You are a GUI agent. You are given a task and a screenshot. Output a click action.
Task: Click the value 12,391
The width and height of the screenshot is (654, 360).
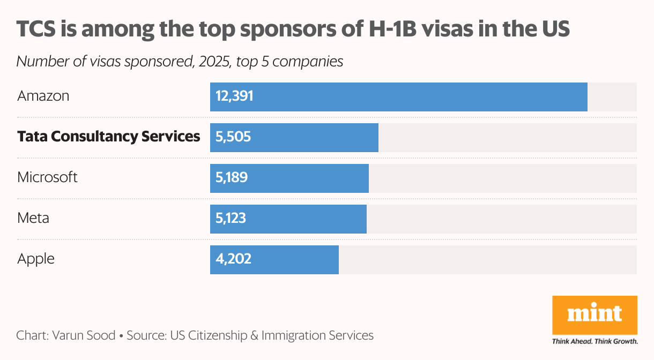[234, 97]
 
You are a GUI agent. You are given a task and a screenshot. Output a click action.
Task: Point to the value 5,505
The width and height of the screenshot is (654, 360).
[233, 138]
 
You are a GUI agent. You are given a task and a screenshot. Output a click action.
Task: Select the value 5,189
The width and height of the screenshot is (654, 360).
[232, 178]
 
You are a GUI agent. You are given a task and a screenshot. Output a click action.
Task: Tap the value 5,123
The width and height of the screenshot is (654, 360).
[231, 219]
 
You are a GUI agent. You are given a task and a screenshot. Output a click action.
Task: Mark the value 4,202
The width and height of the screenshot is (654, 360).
[233, 260]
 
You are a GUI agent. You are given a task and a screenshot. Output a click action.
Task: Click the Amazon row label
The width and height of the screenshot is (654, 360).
[43, 96]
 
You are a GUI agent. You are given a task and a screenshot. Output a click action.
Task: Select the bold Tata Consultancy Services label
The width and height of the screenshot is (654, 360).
[109, 137]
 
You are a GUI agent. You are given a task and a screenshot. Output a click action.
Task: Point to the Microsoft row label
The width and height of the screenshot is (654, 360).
[48, 177]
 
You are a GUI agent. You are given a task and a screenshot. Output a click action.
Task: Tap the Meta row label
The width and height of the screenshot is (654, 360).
[33, 218]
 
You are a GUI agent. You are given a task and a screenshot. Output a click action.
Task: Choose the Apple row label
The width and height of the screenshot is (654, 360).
[36, 259]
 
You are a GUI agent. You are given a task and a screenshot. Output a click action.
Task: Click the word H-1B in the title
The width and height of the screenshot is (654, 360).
[384, 30]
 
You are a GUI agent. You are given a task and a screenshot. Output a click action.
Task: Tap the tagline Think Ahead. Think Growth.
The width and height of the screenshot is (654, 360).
[594, 341]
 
